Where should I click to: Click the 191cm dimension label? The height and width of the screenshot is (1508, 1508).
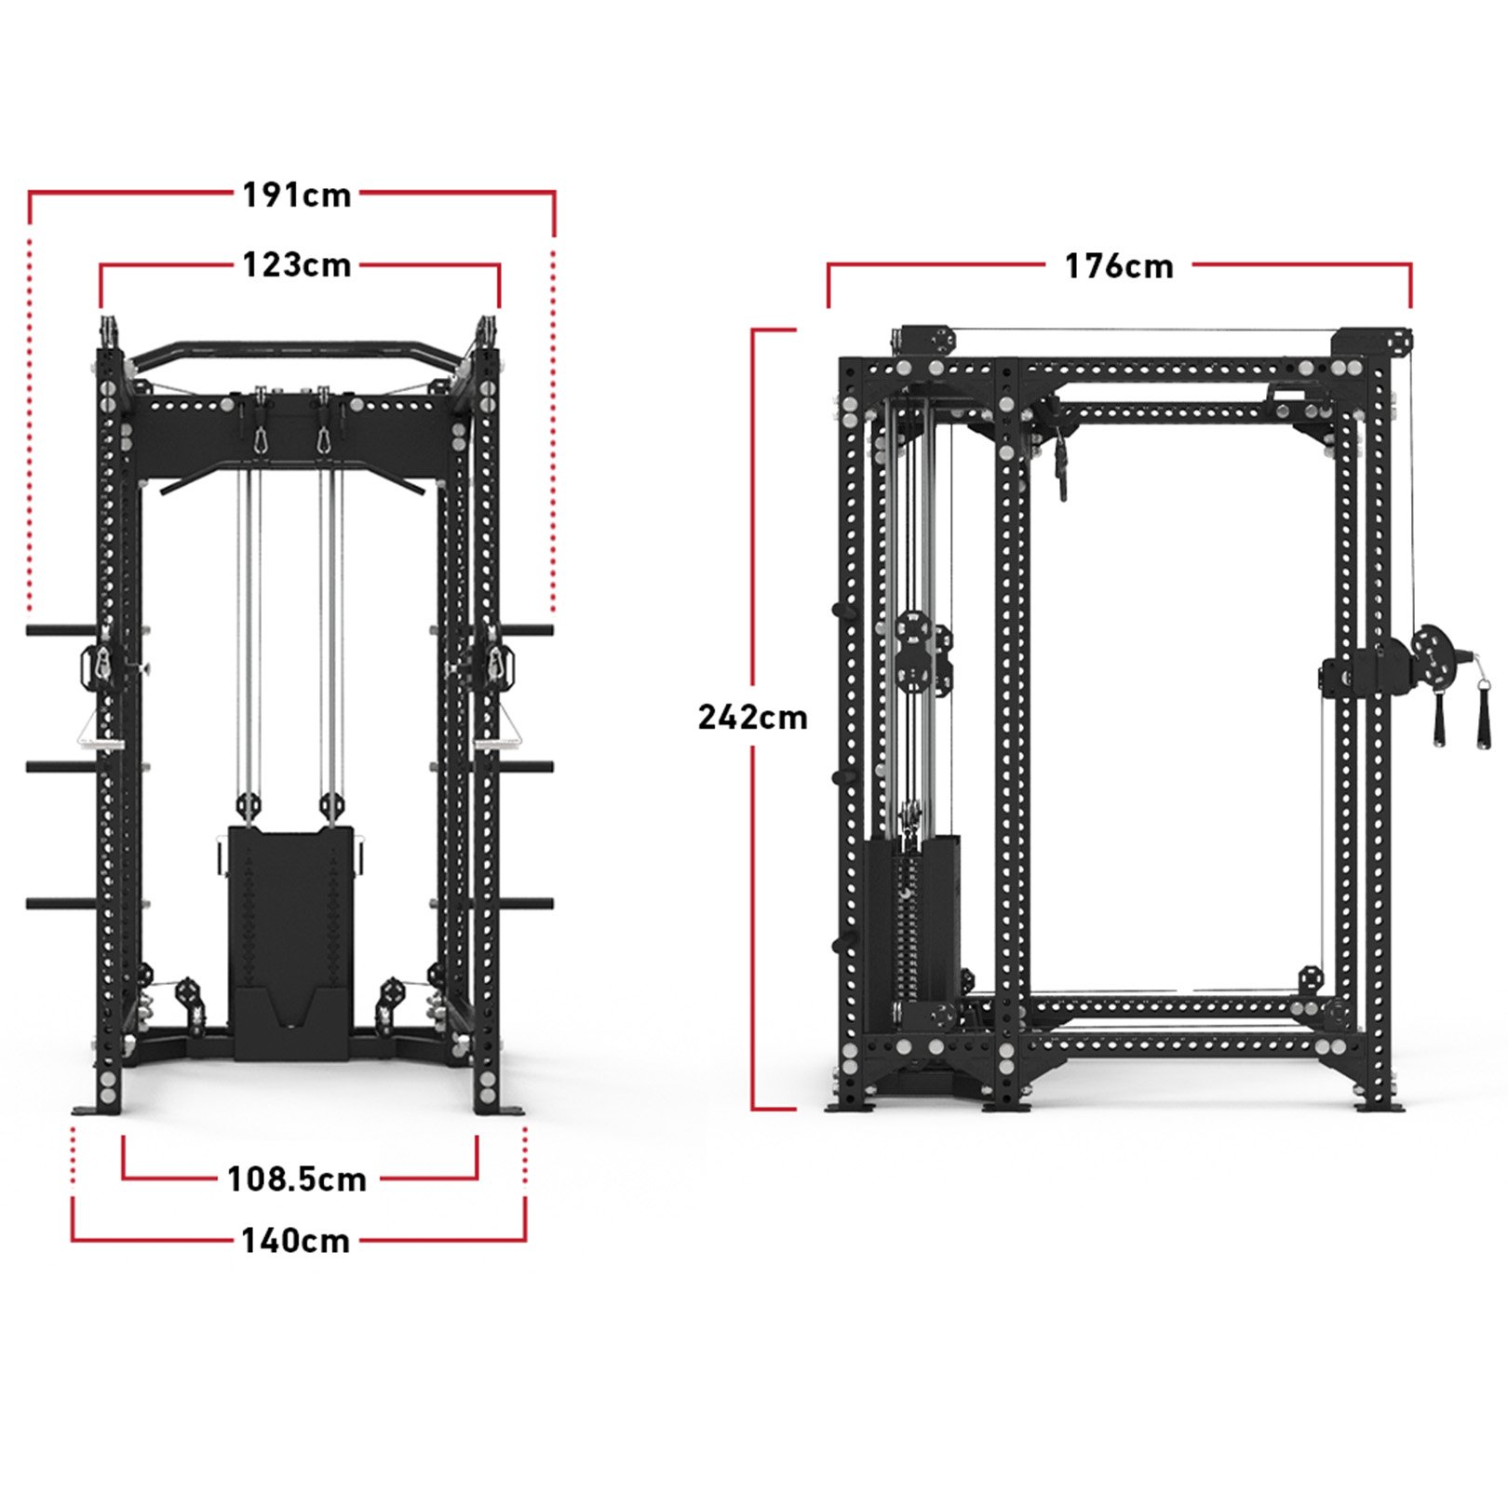click(x=296, y=195)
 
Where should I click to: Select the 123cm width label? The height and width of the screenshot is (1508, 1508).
click(x=296, y=265)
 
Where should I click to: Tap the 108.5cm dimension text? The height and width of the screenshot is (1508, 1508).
click(x=297, y=1179)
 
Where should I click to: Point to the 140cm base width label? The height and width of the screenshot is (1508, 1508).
click(x=295, y=1241)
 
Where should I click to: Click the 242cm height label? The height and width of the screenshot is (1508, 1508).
click(x=752, y=718)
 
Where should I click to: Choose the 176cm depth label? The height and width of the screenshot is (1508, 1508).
click(x=1118, y=267)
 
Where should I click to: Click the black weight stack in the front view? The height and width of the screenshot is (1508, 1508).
click(x=290, y=940)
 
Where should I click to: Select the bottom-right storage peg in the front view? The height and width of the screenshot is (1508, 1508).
click(x=526, y=903)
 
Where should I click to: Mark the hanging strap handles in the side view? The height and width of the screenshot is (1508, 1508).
click(x=1460, y=717)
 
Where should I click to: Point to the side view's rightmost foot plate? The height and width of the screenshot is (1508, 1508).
click(x=1380, y=1106)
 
